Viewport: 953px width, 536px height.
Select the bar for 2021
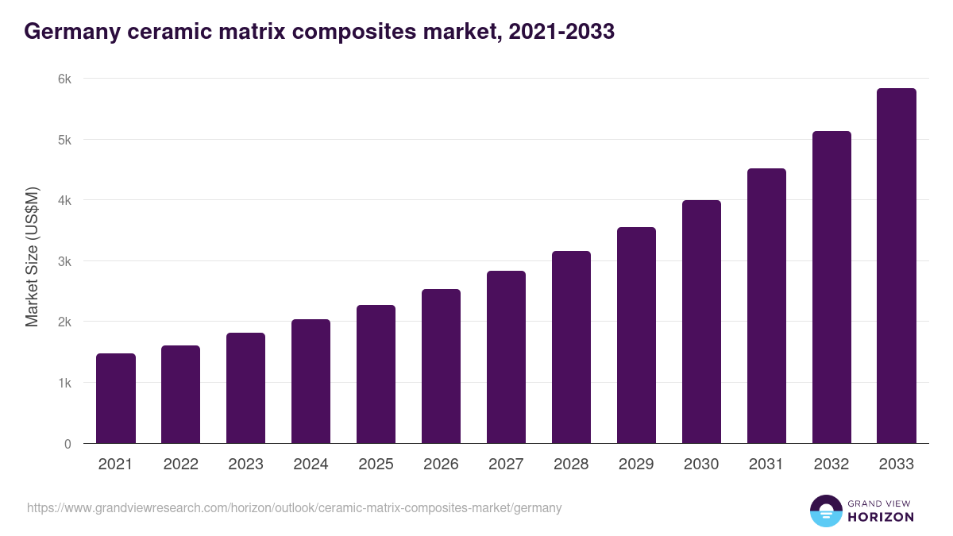(116, 399)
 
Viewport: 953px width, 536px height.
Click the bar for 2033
(897, 266)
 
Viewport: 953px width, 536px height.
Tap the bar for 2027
(506, 357)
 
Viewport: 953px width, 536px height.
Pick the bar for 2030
(701, 322)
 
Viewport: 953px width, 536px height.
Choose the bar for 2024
(311, 381)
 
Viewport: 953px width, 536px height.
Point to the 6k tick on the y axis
(64, 79)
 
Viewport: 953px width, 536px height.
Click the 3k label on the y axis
(64, 261)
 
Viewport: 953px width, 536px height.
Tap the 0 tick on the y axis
(68, 444)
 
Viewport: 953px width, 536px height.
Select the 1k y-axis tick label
(64, 383)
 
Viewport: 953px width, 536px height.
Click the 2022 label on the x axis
(181, 465)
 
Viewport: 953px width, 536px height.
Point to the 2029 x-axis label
(636, 465)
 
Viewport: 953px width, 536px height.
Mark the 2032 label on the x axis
(831, 465)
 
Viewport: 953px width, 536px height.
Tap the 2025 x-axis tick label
(376, 465)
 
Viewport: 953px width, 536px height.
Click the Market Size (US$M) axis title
(32, 256)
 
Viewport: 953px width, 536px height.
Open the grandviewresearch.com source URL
(294, 508)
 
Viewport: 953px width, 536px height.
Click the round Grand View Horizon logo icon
(825, 511)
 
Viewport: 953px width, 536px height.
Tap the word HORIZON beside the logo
(881, 517)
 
